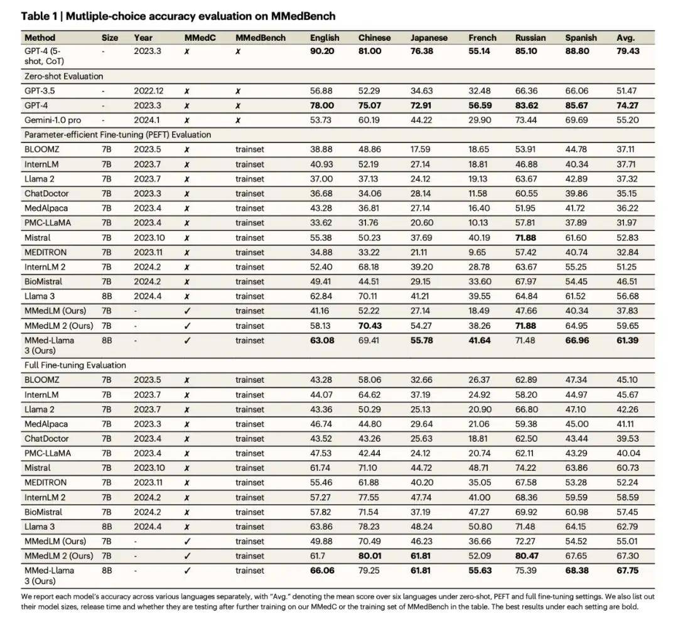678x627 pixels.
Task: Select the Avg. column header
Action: [x=625, y=38]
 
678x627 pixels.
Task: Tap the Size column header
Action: [x=110, y=38]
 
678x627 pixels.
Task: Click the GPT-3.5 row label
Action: [x=40, y=91]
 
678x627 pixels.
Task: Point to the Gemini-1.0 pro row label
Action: [x=52, y=120]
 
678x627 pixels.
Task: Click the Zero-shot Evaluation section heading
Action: [x=63, y=76]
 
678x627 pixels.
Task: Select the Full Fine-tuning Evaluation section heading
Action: [x=75, y=365]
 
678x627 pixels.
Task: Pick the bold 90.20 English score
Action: [x=322, y=51]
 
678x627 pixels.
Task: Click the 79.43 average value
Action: [x=628, y=51]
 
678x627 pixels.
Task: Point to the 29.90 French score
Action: [x=480, y=120]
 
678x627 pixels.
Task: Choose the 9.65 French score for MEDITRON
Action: [x=477, y=252]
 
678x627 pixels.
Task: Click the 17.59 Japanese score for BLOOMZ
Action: [x=420, y=149]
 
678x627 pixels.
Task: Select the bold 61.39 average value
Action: [x=627, y=340]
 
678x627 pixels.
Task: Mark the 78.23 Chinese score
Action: [x=369, y=526]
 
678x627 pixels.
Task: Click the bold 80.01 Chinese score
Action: [x=370, y=555]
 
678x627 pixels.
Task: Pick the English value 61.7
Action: [x=318, y=555]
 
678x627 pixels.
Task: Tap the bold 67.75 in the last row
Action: [x=627, y=571]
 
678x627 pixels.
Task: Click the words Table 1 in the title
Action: [x=39, y=16]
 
